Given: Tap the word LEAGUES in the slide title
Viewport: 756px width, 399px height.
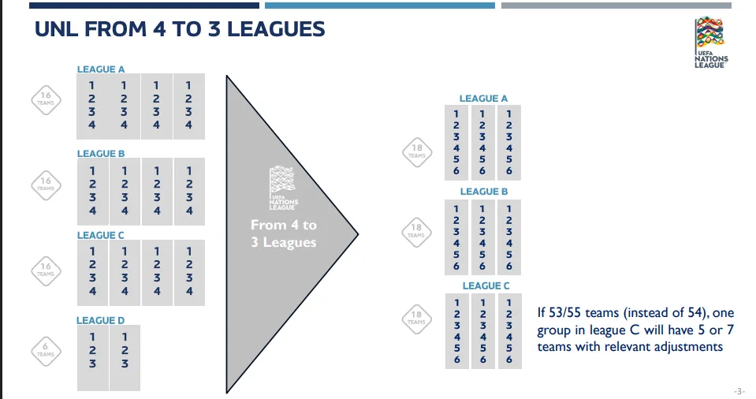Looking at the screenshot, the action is point(276,29).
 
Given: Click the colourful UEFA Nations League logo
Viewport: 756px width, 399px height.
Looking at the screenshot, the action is point(711,42).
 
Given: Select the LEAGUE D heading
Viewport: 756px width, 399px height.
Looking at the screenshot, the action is point(100,320).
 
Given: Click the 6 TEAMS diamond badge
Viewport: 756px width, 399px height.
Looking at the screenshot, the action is point(46,351).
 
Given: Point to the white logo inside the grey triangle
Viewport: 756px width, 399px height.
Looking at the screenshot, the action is point(283,188).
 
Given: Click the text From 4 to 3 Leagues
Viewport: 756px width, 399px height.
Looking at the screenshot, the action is point(284,233).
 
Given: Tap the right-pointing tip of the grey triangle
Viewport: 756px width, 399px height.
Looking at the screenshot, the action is point(358,234).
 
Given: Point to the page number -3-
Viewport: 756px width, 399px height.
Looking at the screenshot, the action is point(739,391).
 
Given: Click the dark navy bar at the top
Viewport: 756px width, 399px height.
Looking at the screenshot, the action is point(144,6).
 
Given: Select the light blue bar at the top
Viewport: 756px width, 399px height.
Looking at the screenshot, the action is point(380,6).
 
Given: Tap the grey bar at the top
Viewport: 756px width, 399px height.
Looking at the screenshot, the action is point(616,6).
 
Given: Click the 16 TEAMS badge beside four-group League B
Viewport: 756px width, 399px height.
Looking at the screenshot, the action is point(46,185).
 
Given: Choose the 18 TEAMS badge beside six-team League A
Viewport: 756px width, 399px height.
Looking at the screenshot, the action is point(417,152).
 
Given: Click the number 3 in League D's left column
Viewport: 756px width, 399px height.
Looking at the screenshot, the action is point(92,364).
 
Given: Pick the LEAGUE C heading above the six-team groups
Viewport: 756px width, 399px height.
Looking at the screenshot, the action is point(486,285).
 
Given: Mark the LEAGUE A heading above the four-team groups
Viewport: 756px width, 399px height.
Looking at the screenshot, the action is point(101,69).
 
